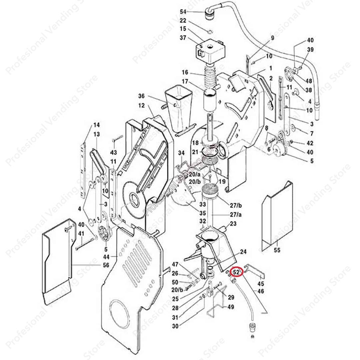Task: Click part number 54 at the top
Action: pos(183,12)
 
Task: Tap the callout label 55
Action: pos(277,250)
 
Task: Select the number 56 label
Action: pos(106,265)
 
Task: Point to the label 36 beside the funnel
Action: pos(141,96)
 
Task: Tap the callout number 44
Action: pos(106,257)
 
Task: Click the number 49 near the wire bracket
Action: pos(231,307)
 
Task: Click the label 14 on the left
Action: pos(96,125)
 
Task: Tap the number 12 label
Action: pos(141,106)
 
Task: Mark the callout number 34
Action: pos(181,153)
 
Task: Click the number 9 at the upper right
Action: pos(272,38)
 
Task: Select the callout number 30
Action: pos(175,326)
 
